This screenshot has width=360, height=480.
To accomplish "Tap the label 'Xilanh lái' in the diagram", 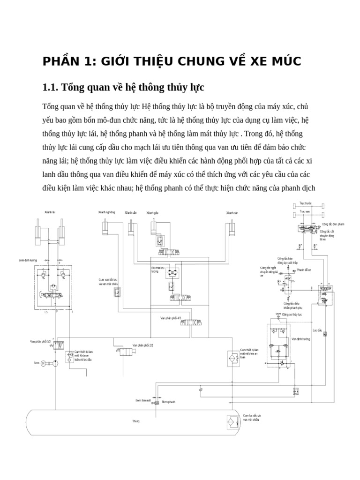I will pos(50,212).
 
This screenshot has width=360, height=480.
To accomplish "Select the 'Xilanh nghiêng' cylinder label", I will pos(107,212).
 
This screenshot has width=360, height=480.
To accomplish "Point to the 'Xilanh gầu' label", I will pos(152,212).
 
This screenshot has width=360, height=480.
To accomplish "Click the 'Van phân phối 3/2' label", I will pos(40,341).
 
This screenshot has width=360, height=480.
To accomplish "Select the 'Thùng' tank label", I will pos(136,421).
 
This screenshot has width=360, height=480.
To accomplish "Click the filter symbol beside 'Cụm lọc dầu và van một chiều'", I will pos(232,422).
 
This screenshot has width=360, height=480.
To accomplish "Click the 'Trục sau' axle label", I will pos(305,212).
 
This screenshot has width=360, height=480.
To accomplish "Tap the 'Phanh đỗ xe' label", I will pos(304,270).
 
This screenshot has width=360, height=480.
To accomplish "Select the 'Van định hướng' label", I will pos(300,338).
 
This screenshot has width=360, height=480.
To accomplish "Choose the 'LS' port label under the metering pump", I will pos(46,311).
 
